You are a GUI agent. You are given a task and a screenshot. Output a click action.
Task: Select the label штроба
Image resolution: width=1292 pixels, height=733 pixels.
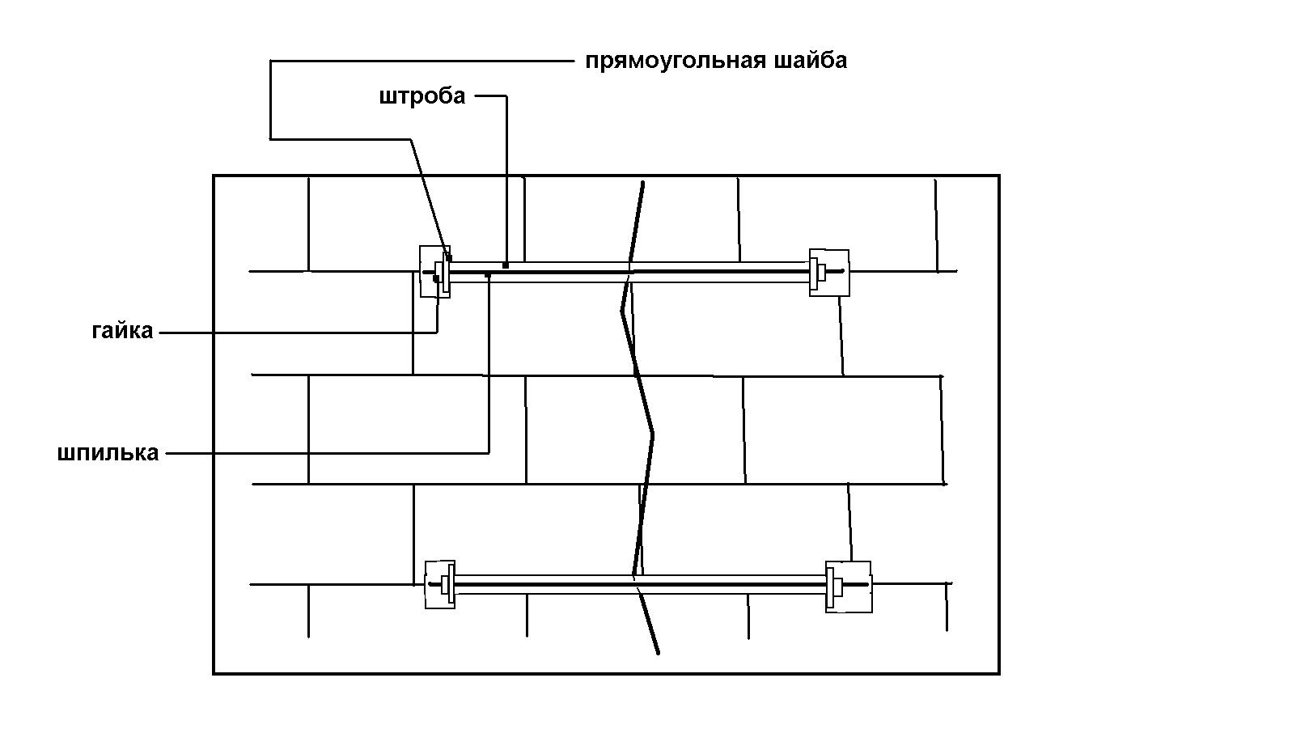tap(422, 96)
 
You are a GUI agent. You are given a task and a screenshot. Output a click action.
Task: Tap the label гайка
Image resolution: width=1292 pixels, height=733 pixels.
tap(122, 331)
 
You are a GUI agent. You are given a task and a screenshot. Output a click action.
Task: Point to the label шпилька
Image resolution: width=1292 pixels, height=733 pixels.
tap(108, 453)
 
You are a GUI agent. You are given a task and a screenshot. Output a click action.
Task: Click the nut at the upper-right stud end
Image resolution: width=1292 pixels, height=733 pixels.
tap(821, 271)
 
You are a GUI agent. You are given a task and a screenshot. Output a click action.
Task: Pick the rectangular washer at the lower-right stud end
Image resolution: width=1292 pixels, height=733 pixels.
tap(830, 587)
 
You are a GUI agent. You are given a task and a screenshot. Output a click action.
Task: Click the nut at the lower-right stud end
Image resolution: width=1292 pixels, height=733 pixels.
tap(837, 586)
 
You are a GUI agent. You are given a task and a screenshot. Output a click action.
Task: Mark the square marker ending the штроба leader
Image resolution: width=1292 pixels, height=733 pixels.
tap(506, 265)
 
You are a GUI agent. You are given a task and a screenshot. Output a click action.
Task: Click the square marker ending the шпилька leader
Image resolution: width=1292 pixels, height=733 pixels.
tap(489, 275)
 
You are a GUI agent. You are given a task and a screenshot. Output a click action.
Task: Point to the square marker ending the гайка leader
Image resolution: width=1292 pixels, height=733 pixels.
tap(436, 279)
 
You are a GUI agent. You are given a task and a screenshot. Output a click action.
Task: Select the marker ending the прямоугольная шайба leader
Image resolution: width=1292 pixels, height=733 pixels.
tap(449, 257)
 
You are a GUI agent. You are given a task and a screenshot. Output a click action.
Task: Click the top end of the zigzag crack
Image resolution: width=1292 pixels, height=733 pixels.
tap(643, 183)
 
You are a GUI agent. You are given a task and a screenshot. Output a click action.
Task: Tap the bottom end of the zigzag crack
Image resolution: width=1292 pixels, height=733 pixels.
tap(658, 654)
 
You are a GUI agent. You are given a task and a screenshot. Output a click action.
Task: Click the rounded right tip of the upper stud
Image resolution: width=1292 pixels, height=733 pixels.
tap(843, 271)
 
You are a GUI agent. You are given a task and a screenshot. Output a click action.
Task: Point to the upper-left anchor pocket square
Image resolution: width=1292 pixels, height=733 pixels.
tap(434, 272)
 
